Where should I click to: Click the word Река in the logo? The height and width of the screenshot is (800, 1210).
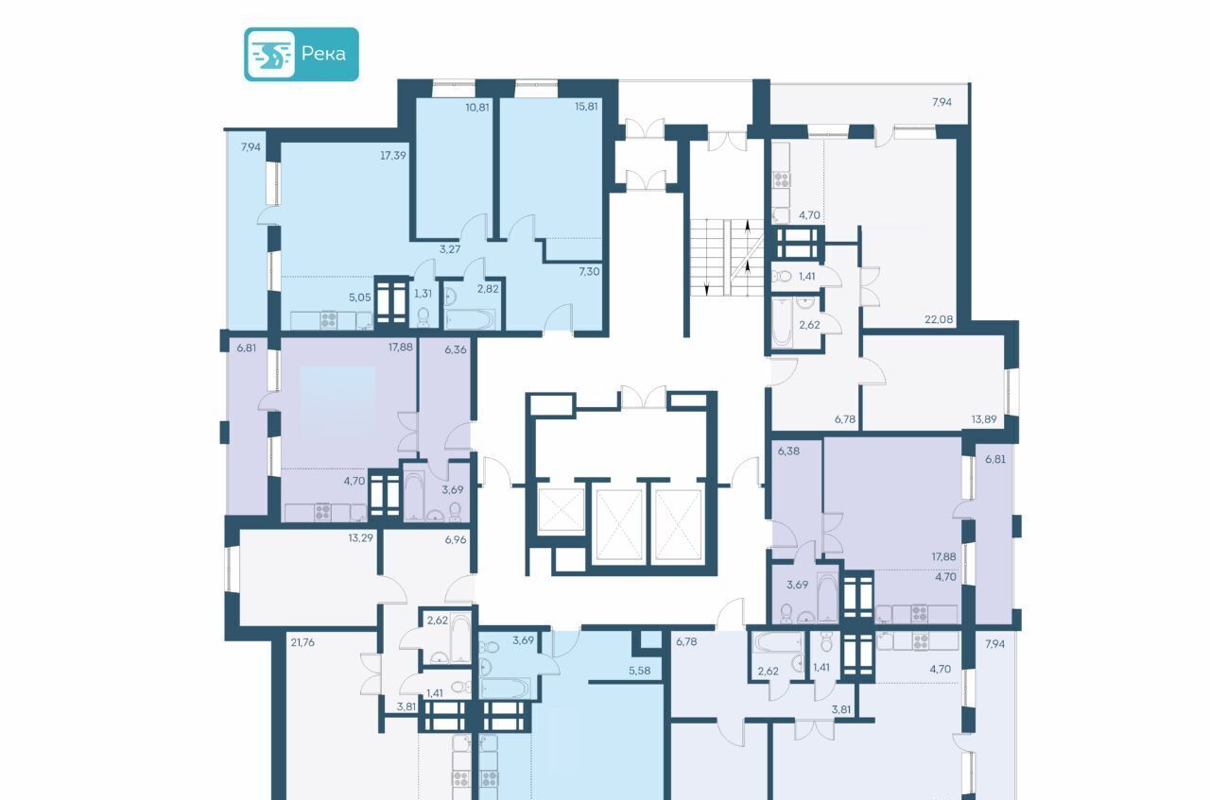(x=323, y=54)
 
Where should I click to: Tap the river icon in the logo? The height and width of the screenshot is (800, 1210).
(x=271, y=55)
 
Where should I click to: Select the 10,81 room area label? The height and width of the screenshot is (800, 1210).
(x=477, y=107)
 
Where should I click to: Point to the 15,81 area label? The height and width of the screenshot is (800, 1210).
(x=586, y=107)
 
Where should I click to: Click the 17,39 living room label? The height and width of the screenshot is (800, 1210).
(x=392, y=156)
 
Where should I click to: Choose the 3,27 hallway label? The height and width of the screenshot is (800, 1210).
(x=449, y=249)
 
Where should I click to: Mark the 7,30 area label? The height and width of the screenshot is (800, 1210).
(x=589, y=271)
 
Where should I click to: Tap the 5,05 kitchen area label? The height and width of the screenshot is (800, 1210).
(x=360, y=297)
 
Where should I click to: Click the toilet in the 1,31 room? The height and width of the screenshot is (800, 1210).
(x=423, y=316)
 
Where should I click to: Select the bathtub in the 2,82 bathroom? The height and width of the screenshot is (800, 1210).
(x=470, y=319)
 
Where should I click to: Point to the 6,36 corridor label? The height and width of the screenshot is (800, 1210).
(x=456, y=349)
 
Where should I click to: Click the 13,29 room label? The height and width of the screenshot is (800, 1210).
(x=360, y=537)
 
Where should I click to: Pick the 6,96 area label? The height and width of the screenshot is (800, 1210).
(x=456, y=539)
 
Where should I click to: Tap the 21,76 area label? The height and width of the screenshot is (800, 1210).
(x=302, y=642)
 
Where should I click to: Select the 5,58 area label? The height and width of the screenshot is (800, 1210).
(x=640, y=671)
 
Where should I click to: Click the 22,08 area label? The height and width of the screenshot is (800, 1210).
(x=939, y=319)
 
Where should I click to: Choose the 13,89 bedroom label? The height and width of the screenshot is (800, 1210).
(x=984, y=419)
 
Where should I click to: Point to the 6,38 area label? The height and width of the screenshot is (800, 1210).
(x=788, y=451)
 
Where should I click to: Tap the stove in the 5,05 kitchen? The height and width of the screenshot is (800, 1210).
(x=328, y=319)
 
